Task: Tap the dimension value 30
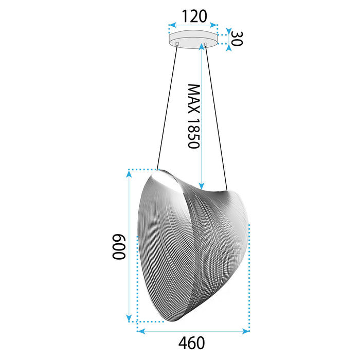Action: (236, 39)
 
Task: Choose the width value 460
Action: (192, 343)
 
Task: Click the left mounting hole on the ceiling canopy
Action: (178, 45)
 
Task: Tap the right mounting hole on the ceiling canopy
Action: (206, 45)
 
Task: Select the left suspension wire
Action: (168, 108)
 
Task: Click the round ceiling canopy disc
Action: (192, 39)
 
